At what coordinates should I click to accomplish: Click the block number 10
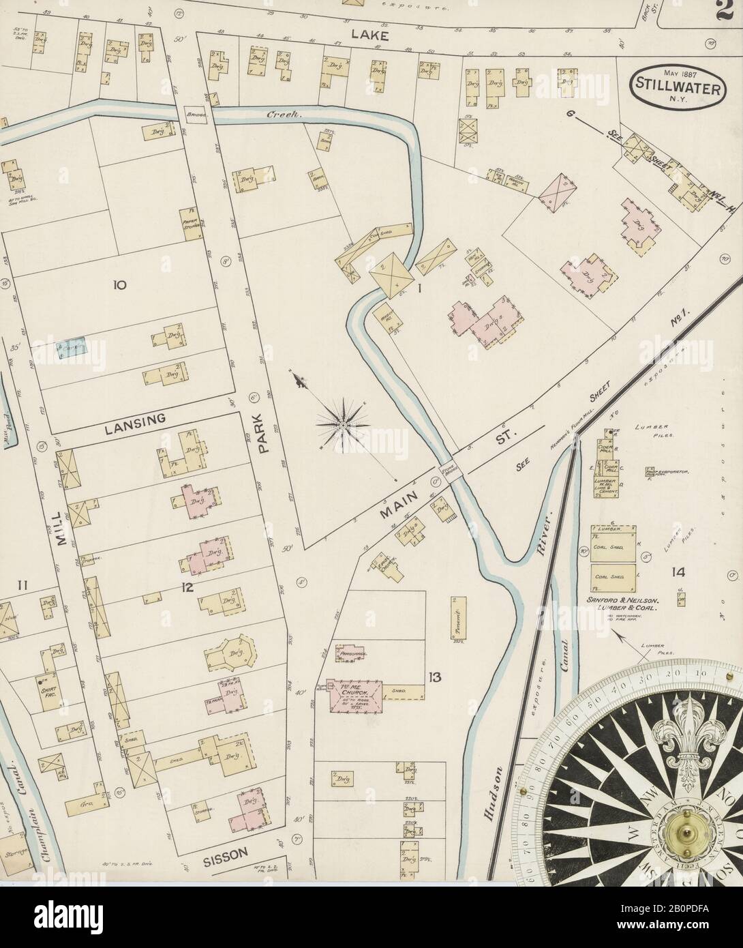[120, 286]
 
